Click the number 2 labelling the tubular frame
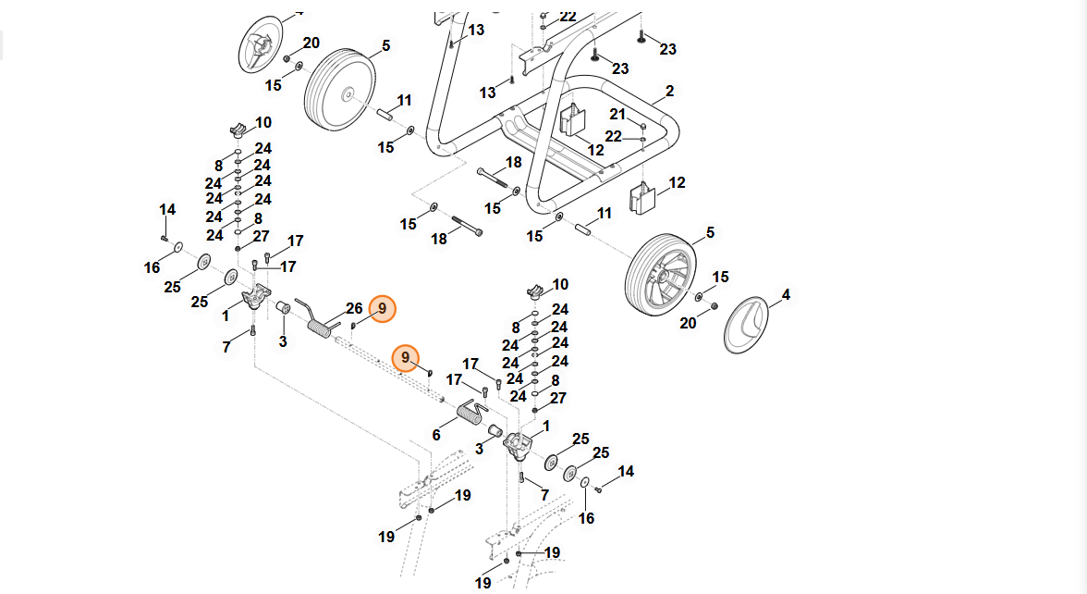pos(669,91)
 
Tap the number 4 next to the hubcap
pos(786,296)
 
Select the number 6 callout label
pos(436,435)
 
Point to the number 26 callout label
pos(354,308)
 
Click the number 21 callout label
pos(617,113)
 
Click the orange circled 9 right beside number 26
pos(382,309)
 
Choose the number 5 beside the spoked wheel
pos(710,232)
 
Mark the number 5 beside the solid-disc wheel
pos(385,44)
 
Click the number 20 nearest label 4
pos(688,323)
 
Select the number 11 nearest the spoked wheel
pos(604,214)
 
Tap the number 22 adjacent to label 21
pos(614,136)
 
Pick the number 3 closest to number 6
pos(480,449)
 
